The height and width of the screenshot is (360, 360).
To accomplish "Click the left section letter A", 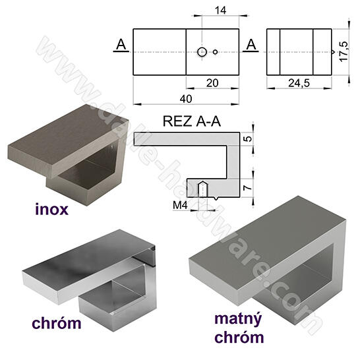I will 121,45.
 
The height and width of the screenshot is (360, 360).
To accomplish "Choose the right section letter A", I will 251,45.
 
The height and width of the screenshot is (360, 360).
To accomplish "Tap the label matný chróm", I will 239,328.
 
